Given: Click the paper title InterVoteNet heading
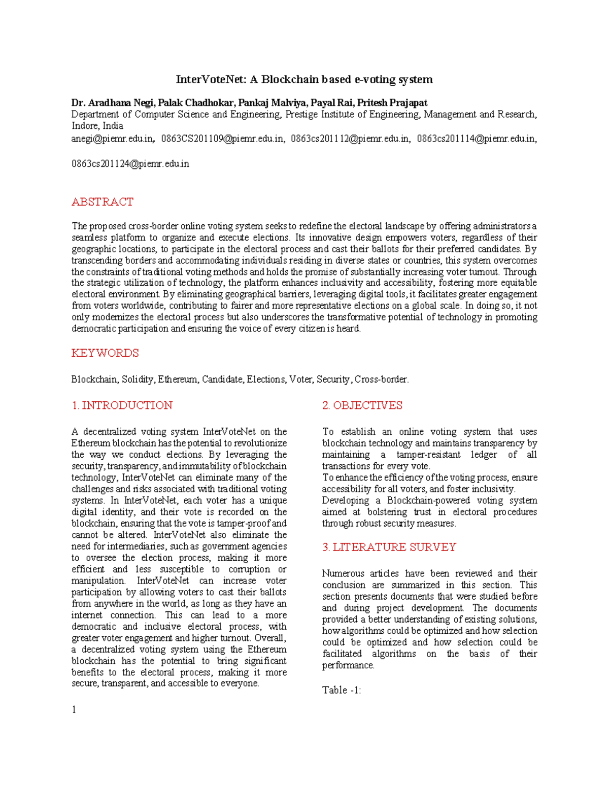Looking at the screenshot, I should [x=304, y=80].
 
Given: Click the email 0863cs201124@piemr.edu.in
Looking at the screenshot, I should [x=130, y=164].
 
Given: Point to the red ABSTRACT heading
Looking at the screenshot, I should [x=102, y=202].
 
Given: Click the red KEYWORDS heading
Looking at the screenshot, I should [x=105, y=353].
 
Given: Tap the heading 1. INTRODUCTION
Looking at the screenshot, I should [x=122, y=405].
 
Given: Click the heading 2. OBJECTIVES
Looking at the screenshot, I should [x=362, y=405].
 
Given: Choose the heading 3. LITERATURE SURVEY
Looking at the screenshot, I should [x=389, y=547].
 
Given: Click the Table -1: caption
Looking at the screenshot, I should [x=342, y=691].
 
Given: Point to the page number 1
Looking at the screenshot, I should [x=74, y=710].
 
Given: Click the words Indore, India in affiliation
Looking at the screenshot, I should [x=97, y=126].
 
